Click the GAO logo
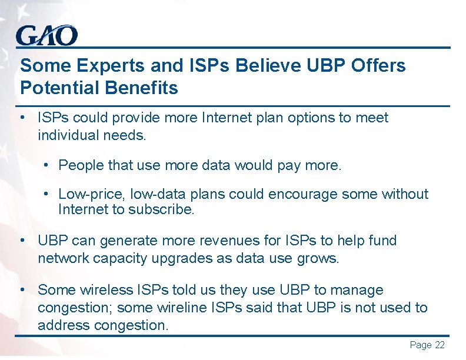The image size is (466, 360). pyautogui.click(x=46, y=36)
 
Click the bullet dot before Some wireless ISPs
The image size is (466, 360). pyautogui.click(x=22, y=290)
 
